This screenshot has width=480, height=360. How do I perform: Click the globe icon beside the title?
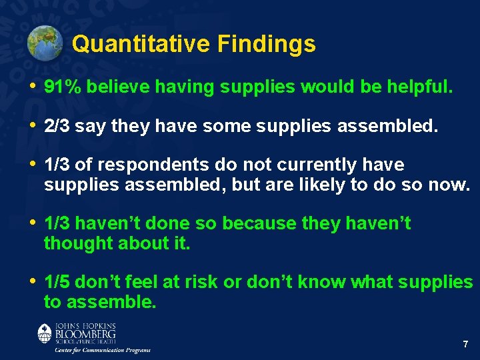click(x=45, y=43)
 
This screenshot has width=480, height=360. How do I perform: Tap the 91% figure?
click(x=62, y=87)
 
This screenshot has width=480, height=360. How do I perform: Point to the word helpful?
click(x=420, y=87)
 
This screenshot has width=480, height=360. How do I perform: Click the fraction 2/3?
click(x=57, y=126)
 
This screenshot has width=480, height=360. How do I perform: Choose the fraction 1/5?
click(x=57, y=283)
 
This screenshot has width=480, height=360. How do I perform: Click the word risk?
click(x=199, y=283)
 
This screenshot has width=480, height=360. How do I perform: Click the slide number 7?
click(x=465, y=345)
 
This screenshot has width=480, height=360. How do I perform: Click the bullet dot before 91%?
click(x=33, y=87)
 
